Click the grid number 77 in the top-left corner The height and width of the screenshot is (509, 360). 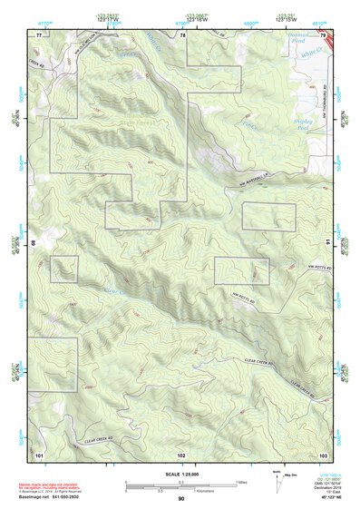coord(39,34)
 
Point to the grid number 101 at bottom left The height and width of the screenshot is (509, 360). coord(39,453)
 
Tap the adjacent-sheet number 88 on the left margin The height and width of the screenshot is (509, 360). coord(34,243)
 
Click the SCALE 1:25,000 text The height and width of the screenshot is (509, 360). coord(180,474)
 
